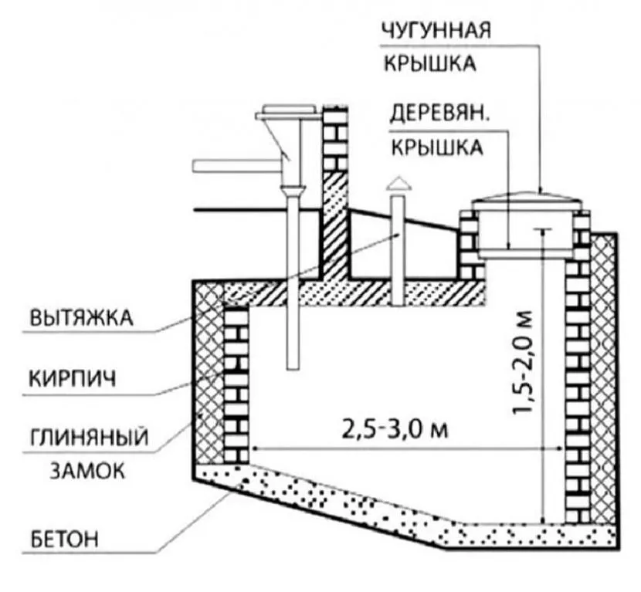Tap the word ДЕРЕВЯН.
[x=437, y=116]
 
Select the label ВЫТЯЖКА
[x=80, y=317]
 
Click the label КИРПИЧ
[x=74, y=380]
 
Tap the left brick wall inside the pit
[x=236, y=378]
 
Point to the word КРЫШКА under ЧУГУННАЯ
[x=437, y=63]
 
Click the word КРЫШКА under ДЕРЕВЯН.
[x=437, y=147]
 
